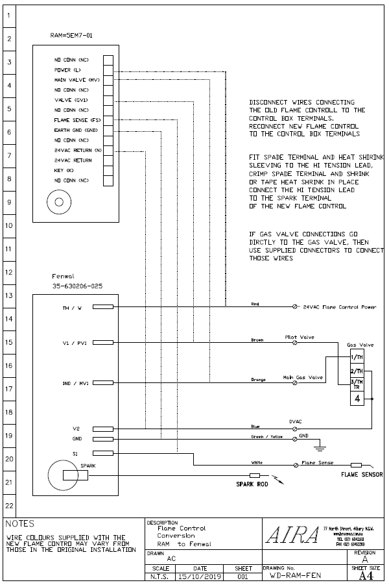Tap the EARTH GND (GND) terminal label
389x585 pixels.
pyautogui.click(x=76, y=131)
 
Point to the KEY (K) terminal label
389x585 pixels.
pyautogui.click(x=64, y=169)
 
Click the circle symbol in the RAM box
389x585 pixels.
pyautogui.click(x=59, y=201)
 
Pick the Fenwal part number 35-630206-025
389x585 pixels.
pyautogui.click(x=77, y=286)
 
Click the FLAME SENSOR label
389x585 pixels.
pyautogui.click(x=361, y=475)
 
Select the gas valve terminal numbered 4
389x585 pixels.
pyautogui.click(x=357, y=398)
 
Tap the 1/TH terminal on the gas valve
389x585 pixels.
pyautogui.click(x=357, y=357)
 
